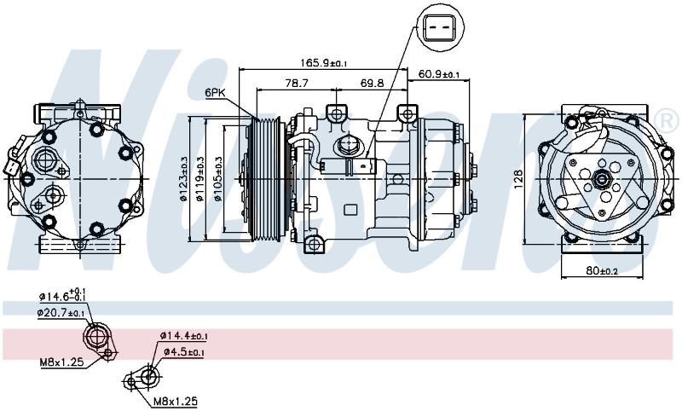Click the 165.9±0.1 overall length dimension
pos(324,62)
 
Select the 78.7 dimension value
pos(297,83)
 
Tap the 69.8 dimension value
pos(372,83)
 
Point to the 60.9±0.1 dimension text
pos(438,74)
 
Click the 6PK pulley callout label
pos(216,92)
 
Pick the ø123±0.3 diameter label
pos(183,179)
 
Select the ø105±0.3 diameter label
pos(218,179)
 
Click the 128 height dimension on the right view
pos(518,179)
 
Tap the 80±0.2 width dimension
pos(602,270)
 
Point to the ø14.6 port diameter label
pos(62,296)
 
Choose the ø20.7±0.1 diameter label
pos(61,312)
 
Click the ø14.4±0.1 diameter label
pos(183,335)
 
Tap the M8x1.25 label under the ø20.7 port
pos(61,362)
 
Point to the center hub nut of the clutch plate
pos(602,179)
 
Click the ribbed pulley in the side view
pos(266,179)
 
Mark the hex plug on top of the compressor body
pos(347,145)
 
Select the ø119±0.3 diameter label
pos(200,179)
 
